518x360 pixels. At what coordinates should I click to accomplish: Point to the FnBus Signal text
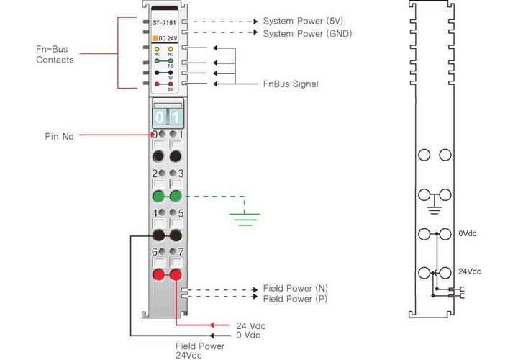291,84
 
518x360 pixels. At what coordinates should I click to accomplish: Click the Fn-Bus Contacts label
55,54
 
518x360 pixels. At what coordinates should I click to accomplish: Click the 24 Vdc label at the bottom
250,326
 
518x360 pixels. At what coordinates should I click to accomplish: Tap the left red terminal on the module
158,274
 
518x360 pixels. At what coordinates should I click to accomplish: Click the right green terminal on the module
175,196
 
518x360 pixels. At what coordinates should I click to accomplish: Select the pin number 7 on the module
181,251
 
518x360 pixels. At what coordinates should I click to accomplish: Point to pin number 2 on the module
154,174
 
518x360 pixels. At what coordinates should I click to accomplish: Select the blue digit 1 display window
175,116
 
